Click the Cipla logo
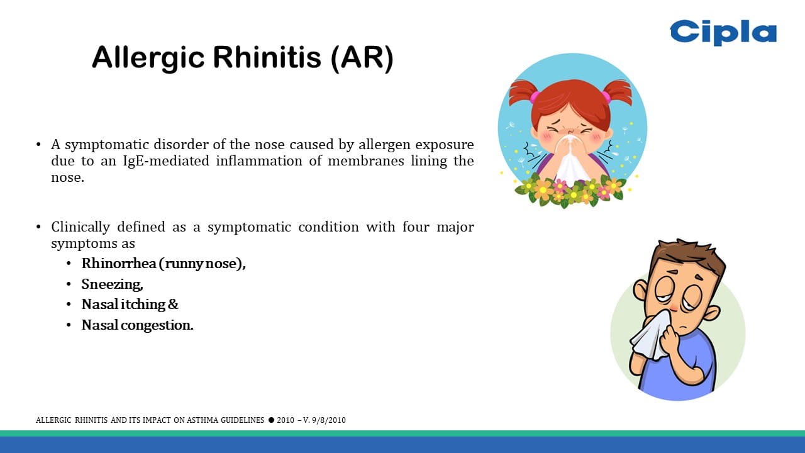(723, 33)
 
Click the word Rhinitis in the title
(267, 57)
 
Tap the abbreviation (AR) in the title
(362, 59)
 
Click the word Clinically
(80, 228)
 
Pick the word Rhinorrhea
(119, 263)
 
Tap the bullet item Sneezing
(112, 284)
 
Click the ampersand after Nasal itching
(173, 304)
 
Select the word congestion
(157, 325)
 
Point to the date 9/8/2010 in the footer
(329, 420)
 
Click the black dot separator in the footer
(271, 420)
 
